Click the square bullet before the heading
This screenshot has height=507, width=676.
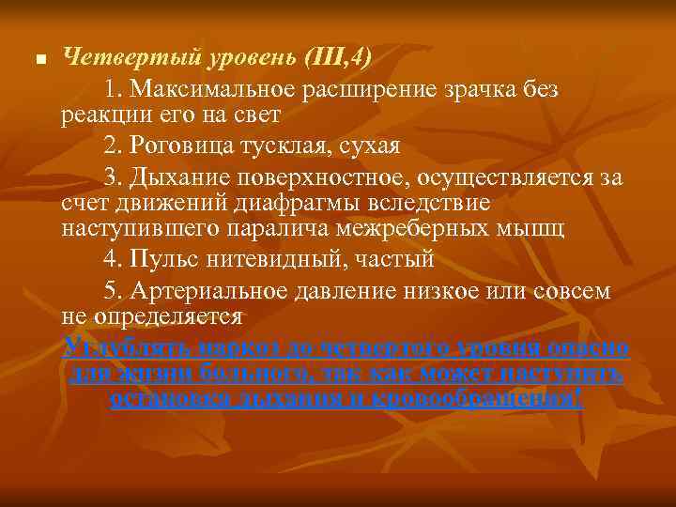(x=39, y=60)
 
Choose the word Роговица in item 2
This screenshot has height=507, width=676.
(x=178, y=147)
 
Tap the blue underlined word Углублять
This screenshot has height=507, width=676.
(x=122, y=347)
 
